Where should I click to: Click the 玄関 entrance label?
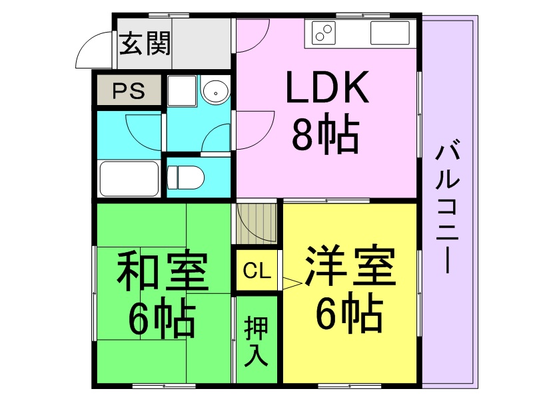coord(145,43)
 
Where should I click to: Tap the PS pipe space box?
coord(129,90)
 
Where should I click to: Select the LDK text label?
coord(327,87)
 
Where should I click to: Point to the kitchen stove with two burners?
coord(323,33)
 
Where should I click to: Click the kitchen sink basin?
coord(390,33)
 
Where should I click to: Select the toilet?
coord(186,177)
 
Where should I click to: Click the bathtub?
coord(129,178)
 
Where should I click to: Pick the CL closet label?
coord(257,271)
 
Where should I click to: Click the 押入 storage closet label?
coord(256,341)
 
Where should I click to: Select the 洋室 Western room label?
coord(350,265)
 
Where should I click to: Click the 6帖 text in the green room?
coord(162,317)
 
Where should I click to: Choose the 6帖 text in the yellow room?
coord(349,312)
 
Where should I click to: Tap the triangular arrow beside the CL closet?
coord(292,284)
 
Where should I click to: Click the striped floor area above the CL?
coord(257,223)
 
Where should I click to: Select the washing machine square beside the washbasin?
coord(181,91)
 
